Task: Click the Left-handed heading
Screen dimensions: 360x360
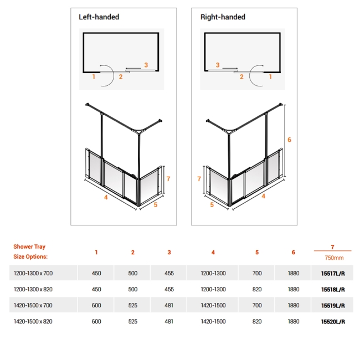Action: (x=99, y=17)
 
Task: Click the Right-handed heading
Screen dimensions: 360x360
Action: (x=223, y=17)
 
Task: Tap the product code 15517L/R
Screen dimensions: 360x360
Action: (x=333, y=273)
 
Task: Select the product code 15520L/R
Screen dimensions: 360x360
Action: (x=333, y=321)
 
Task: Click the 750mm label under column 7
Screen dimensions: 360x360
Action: (x=333, y=258)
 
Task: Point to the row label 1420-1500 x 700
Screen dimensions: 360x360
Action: (x=33, y=305)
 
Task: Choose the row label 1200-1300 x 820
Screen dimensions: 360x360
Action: (x=33, y=289)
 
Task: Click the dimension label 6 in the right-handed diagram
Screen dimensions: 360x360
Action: (x=289, y=140)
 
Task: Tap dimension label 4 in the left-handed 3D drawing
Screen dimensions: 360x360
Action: (x=106, y=196)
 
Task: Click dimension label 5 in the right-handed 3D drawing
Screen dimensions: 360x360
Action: (x=212, y=204)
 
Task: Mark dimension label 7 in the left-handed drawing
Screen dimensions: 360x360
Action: (x=168, y=178)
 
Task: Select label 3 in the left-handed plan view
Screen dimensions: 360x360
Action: (x=146, y=65)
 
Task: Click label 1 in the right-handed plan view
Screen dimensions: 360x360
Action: (x=270, y=77)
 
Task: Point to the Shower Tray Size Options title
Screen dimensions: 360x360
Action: (x=30, y=252)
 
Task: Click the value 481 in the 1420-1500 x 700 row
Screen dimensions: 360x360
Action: (x=169, y=305)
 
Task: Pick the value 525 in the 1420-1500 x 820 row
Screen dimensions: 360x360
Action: (x=132, y=321)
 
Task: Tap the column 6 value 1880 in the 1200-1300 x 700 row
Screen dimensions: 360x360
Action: (x=293, y=273)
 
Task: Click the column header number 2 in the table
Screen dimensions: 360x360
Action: (x=132, y=253)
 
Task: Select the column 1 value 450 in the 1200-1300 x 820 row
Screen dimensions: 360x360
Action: (x=96, y=289)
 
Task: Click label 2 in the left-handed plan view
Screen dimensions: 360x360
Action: (x=120, y=77)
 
